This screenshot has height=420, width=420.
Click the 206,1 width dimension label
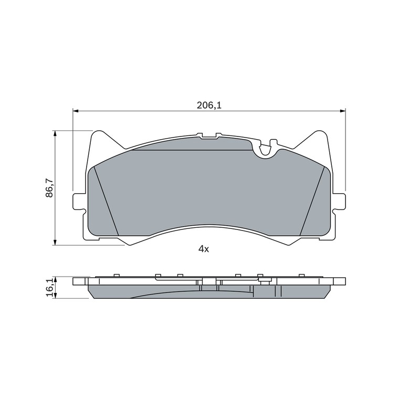pyautogui.click(x=209, y=106)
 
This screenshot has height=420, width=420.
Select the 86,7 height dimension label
pyautogui.click(x=49, y=188)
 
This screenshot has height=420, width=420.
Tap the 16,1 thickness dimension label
pyautogui.click(x=49, y=288)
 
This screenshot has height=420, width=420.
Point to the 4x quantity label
pyautogui.click(x=204, y=249)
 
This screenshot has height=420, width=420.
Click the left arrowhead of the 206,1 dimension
pyautogui.click(x=76, y=111)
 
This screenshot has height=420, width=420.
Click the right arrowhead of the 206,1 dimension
pyautogui.click(x=343, y=111)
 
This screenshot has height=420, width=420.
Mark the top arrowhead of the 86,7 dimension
pyautogui.click(x=55, y=134)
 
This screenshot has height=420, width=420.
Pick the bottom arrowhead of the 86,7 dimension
pyautogui.click(x=55, y=242)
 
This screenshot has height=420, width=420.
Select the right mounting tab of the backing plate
pyautogui.click(x=339, y=201)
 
